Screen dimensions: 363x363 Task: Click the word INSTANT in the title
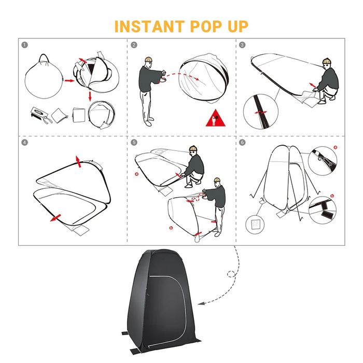click(x=149, y=26)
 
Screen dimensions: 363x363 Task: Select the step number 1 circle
click(x=24, y=45)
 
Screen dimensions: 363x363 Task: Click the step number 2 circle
click(x=134, y=45)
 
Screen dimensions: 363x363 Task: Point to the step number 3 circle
click(x=242, y=45)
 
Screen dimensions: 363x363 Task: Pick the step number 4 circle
click(x=24, y=143)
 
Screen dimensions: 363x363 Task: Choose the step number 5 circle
click(x=134, y=143)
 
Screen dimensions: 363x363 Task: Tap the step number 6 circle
click(x=242, y=143)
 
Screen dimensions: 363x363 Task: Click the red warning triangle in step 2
click(x=216, y=119)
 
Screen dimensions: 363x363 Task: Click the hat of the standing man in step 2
click(x=149, y=59)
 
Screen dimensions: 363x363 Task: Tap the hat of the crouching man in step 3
click(x=327, y=61)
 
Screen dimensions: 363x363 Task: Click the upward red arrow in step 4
click(x=78, y=161)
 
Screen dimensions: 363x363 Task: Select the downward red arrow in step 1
click(x=90, y=96)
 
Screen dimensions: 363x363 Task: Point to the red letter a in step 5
click(x=136, y=174)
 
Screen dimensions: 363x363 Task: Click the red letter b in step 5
click(x=171, y=228)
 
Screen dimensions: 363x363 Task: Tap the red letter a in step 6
click(x=336, y=147)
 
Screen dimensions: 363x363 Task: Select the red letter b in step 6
click(x=332, y=196)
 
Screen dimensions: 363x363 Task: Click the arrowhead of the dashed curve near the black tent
click(x=201, y=303)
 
